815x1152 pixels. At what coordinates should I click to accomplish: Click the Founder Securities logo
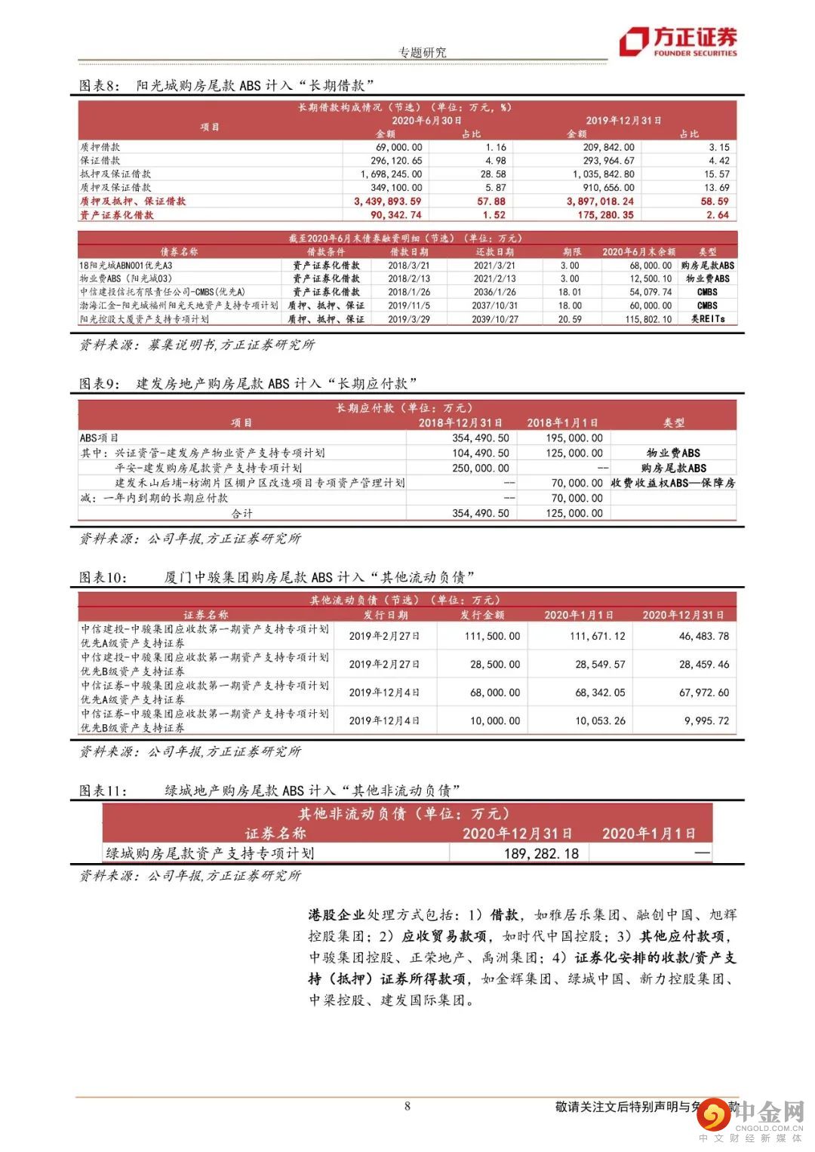click(678, 41)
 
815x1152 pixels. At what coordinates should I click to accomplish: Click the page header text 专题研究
click(422, 52)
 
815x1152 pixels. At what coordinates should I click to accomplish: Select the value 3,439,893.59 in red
click(387, 201)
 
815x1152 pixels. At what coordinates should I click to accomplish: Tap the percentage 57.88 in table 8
click(491, 201)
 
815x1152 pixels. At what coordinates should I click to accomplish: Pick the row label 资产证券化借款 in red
click(116, 215)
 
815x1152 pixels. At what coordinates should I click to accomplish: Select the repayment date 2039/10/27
click(495, 319)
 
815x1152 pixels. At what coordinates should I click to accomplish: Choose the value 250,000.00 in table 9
click(481, 468)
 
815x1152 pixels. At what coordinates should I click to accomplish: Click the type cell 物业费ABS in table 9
click(673, 453)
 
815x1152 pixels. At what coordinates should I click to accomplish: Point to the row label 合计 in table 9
click(241, 513)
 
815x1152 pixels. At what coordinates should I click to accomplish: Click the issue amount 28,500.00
click(494, 665)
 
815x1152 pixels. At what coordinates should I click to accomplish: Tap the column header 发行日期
click(385, 615)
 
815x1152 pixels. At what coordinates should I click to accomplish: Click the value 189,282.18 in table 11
click(541, 853)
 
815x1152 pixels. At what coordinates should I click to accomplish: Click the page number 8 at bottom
click(407, 1106)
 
